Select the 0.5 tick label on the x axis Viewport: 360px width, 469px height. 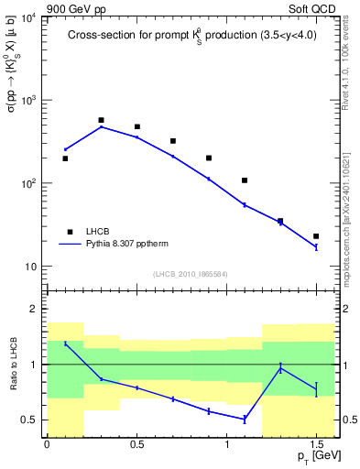136,445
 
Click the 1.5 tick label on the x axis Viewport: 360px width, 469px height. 316,445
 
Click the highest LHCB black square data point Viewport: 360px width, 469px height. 101,120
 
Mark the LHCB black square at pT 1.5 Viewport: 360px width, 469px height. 316,236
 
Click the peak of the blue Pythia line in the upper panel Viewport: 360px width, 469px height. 101,126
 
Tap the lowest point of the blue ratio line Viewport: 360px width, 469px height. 245,419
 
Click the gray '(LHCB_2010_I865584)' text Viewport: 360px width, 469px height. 190,273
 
